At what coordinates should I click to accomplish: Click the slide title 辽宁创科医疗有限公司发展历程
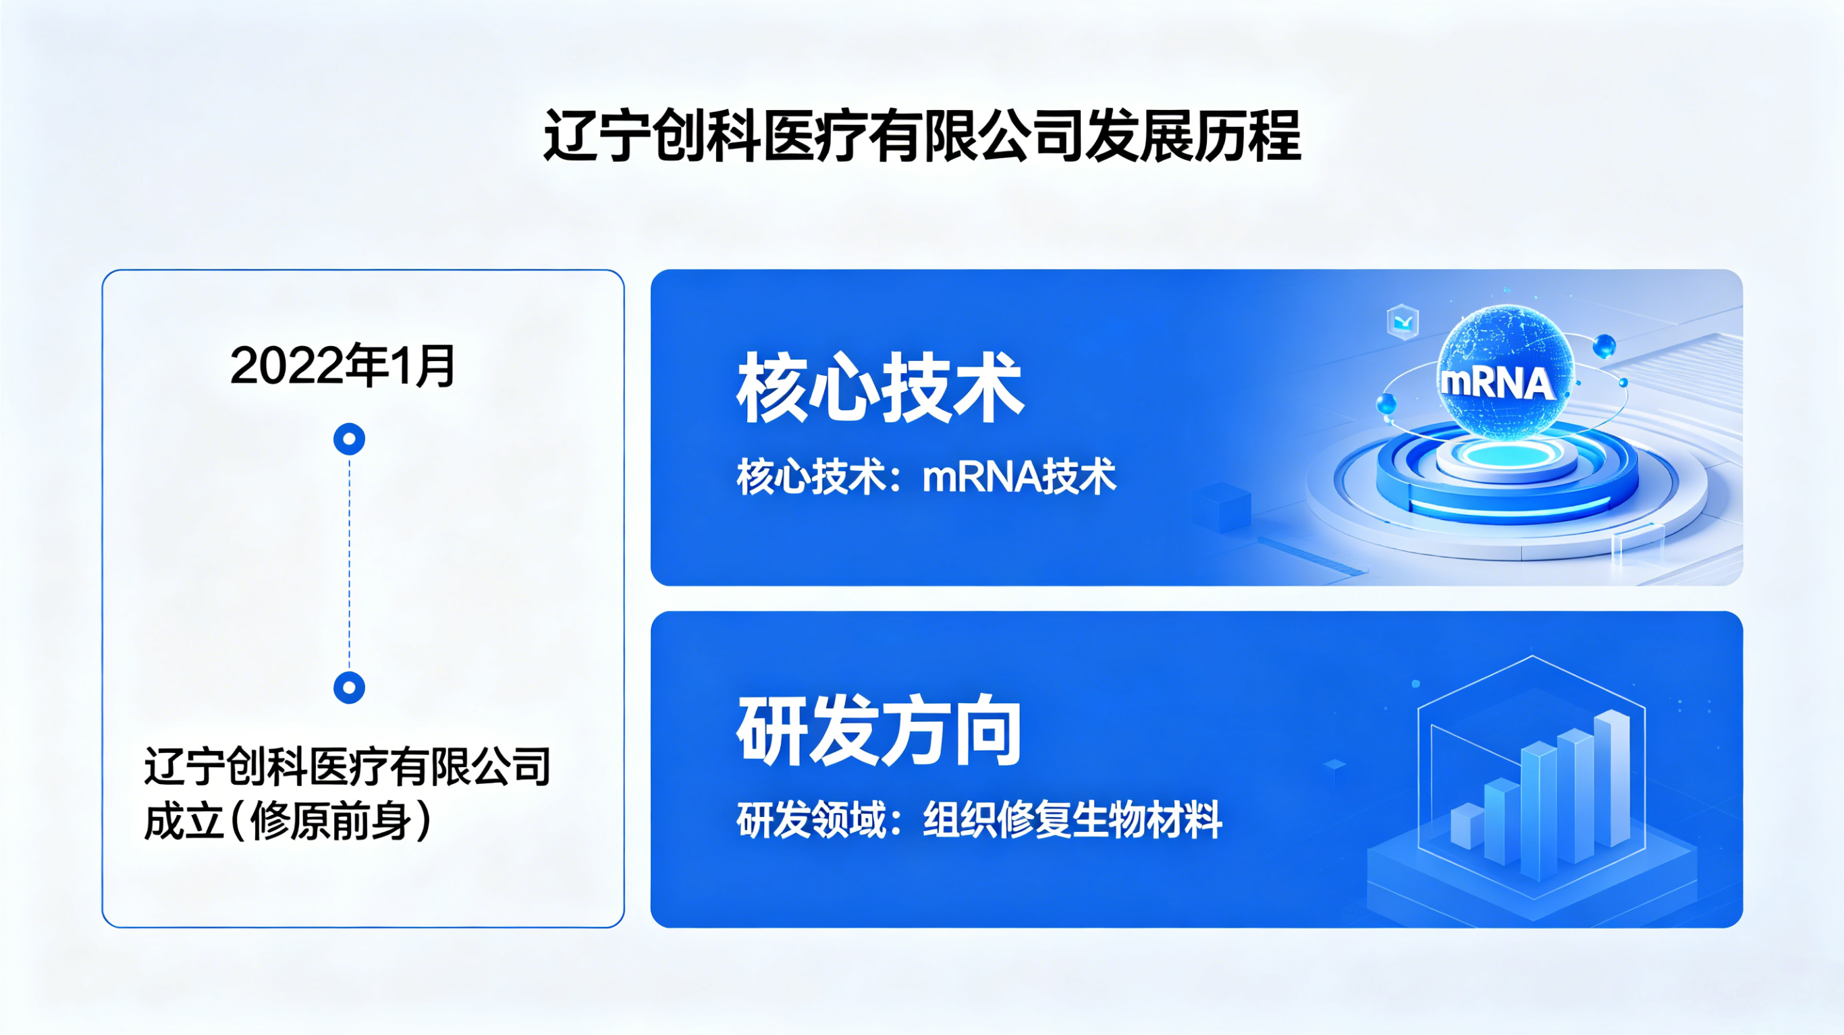coord(922,136)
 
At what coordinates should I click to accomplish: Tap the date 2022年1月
coord(343,366)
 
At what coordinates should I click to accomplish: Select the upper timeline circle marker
coord(350,439)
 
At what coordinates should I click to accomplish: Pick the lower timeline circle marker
coord(350,688)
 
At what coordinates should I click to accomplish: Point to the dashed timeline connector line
coord(350,563)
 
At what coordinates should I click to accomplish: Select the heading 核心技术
coord(880,388)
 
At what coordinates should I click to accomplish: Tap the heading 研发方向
coord(879,730)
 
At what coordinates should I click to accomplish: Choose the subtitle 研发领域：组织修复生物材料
coord(980,820)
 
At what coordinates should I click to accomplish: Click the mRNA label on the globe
coord(1497,383)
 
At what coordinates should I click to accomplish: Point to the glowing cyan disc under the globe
coord(1507,454)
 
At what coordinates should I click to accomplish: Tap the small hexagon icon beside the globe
coord(1403,321)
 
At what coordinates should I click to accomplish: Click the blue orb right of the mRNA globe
coord(1604,346)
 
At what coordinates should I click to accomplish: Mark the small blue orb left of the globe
coord(1386,403)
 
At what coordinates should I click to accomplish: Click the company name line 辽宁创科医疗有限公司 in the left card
coord(347,766)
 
